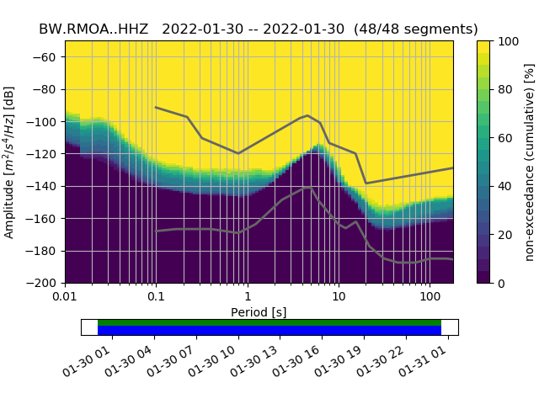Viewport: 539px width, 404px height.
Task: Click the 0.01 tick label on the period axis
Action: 65,298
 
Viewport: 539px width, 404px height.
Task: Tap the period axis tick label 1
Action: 247,298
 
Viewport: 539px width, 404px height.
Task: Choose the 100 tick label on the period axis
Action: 430,298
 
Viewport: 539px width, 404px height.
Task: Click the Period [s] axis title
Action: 259,311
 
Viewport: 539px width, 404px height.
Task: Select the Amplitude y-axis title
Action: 10,162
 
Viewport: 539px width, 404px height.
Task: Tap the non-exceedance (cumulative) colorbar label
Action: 530,162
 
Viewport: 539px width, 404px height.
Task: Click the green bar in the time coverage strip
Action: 269,322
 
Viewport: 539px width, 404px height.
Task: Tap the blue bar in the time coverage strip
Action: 269,331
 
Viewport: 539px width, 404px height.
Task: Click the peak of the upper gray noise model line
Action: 307,115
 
